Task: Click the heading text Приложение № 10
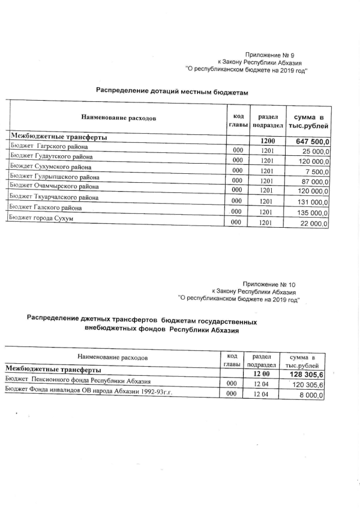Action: pyautogui.click(x=272, y=285)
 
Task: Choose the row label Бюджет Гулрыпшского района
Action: pyautogui.click(x=54, y=177)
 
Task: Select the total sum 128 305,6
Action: pyautogui.click(x=307, y=375)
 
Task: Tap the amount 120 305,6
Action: pyautogui.click(x=308, y=385)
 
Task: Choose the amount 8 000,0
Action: pyautogui.click(x=314, y=395)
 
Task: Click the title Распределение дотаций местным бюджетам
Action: pyautogui.click(x=172, y=91)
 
